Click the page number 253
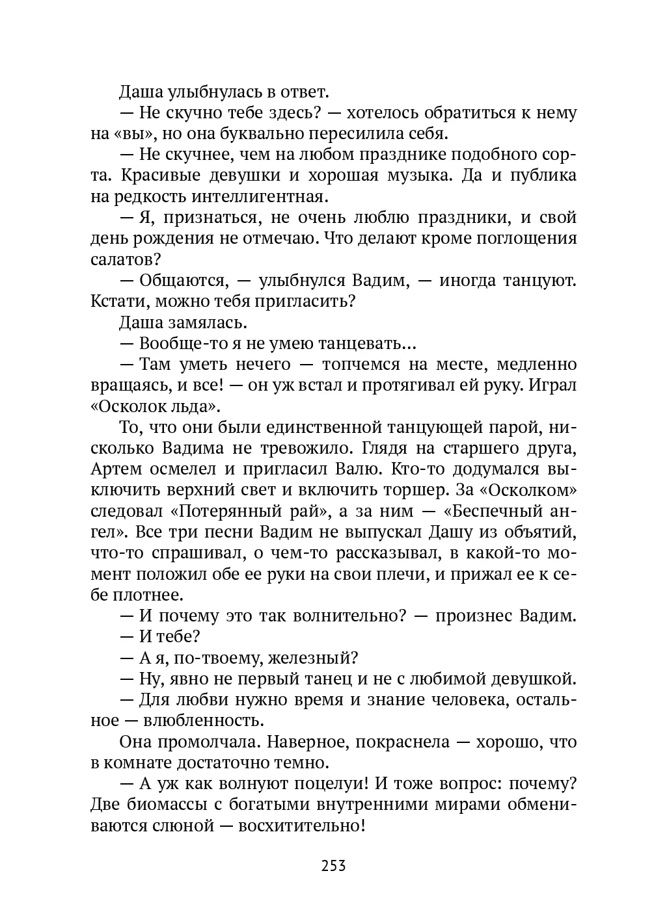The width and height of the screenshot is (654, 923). [333, 866]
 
